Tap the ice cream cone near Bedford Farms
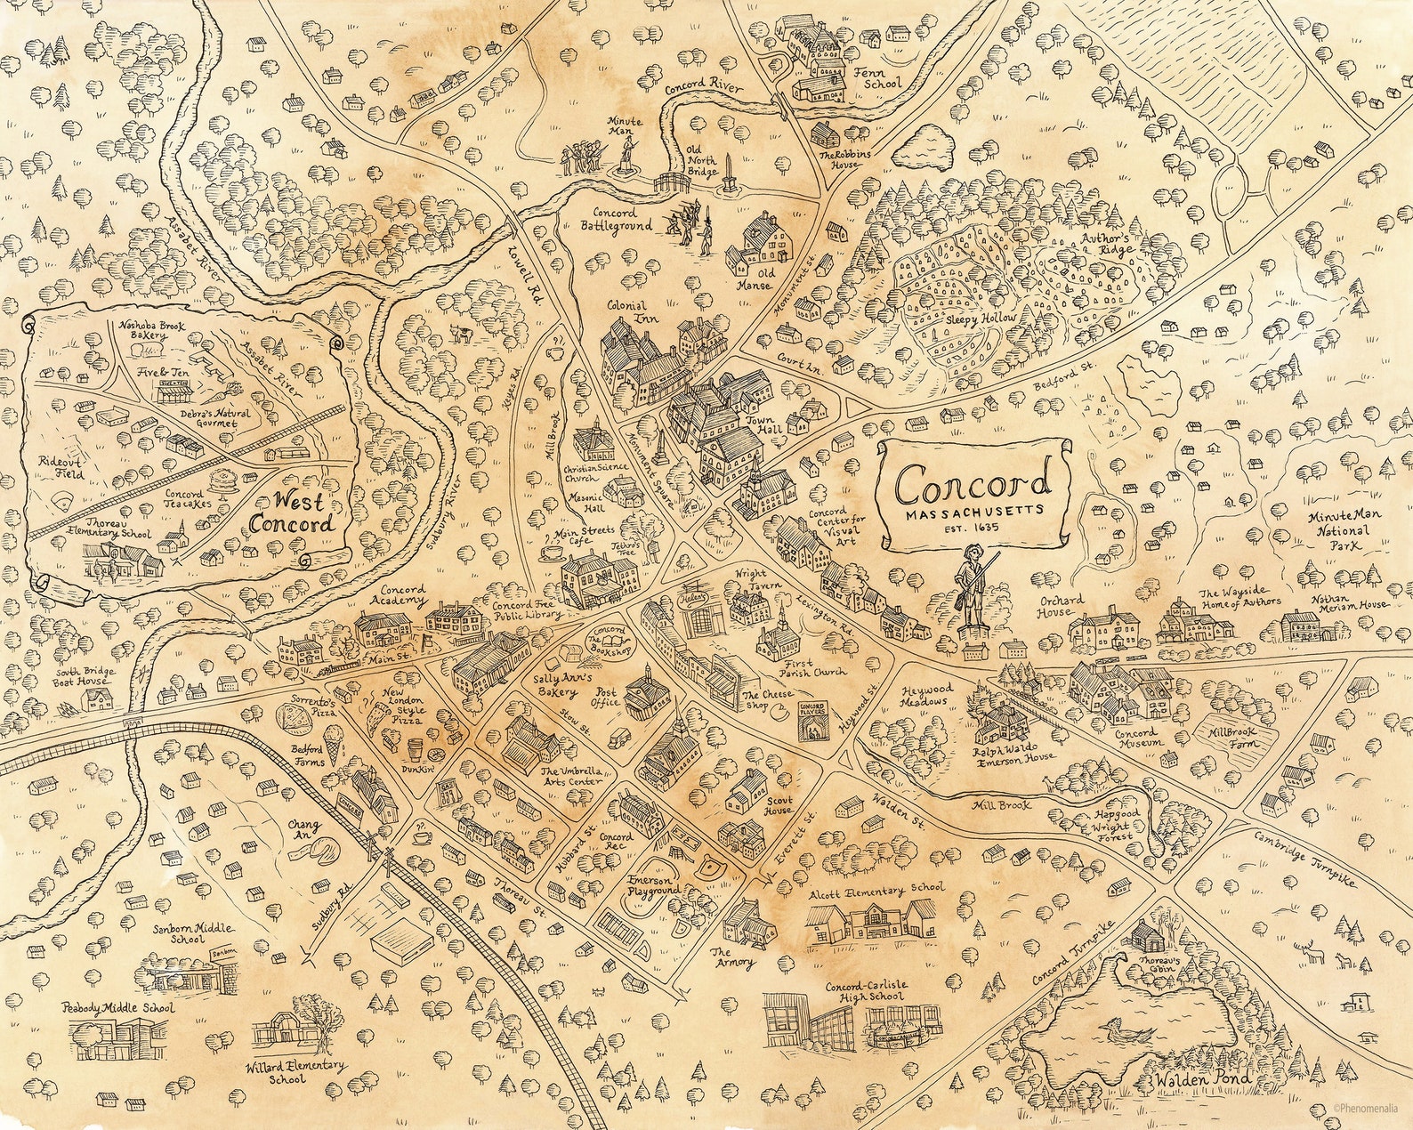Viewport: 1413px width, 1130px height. point(331,743)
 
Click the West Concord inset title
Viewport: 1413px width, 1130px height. point(294,511)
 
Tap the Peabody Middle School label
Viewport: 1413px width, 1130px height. point(117,1008)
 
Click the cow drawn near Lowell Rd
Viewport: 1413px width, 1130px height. point(460,333)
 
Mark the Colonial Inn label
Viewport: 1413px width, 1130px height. point(626,311)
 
